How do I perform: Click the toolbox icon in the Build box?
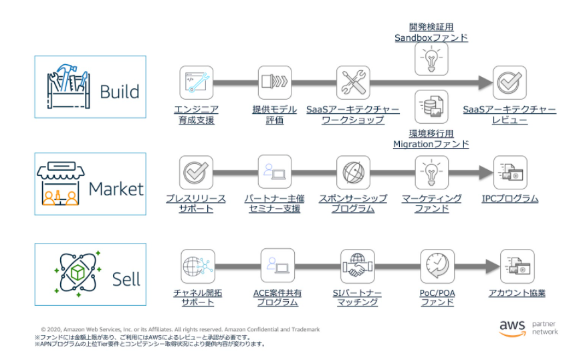point(67,86)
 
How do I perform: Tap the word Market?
point(116,189)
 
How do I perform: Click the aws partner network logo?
point(528,328)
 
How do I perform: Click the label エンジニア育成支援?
point(196,114)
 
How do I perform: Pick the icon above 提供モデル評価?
point(275,82)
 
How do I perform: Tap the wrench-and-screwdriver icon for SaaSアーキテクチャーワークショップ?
point(352,82)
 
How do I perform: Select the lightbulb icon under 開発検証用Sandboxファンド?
point(431,60)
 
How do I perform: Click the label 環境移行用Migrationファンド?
point(431,139)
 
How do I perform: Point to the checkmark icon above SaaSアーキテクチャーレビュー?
point(510,82)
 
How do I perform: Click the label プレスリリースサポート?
point(196,203)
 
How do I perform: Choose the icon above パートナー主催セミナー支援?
point(275,171)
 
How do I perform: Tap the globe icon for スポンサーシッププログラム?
point(352,172)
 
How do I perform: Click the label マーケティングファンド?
point(431,203)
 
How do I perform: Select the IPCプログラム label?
point(510,199)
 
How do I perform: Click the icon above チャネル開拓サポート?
point(197,266)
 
